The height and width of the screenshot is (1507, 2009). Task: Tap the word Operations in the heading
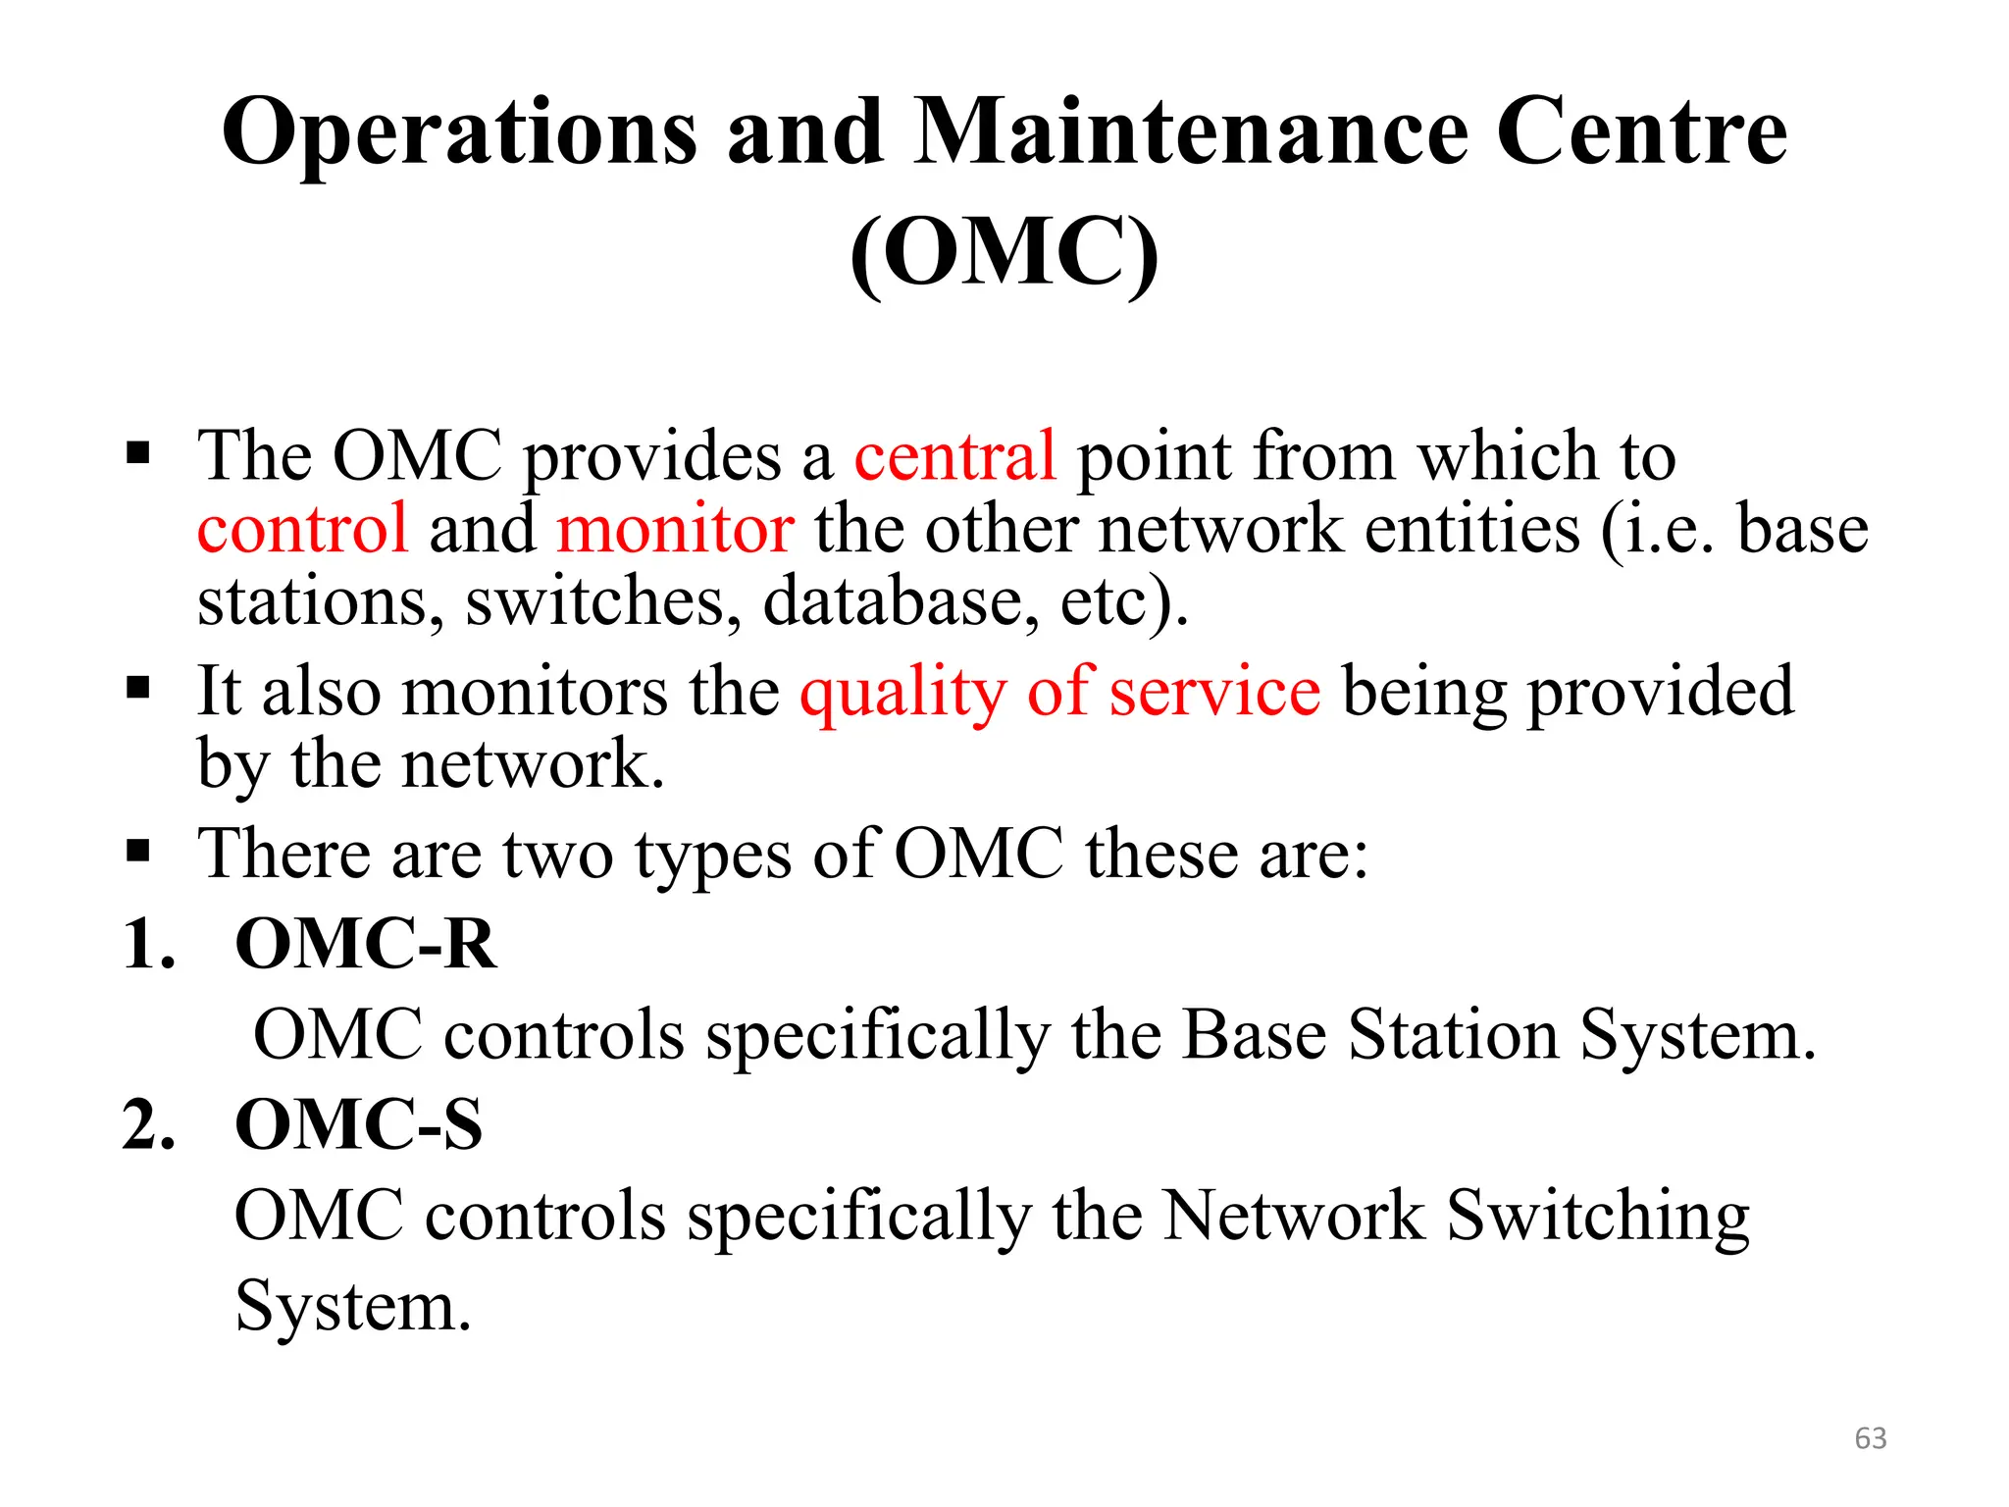coord(459,134)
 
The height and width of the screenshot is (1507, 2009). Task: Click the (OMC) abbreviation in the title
coord(1004,252)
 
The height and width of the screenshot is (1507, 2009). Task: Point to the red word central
coord(954,456)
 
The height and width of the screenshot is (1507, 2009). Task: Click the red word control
coord(302,529)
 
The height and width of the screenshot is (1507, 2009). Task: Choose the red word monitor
coord(675,529)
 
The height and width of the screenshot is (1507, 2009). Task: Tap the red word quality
coord(902,693)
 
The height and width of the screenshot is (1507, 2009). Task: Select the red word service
coord(1214,691)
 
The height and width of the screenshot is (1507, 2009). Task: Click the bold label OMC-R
coord(366,944)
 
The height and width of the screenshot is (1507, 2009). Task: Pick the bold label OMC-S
coord(359,1124)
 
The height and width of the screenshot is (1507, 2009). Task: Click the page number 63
coord(1870,1438)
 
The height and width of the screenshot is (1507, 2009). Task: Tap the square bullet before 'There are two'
coord(138,850)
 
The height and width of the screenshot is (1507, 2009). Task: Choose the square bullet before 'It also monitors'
coord(138,688)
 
